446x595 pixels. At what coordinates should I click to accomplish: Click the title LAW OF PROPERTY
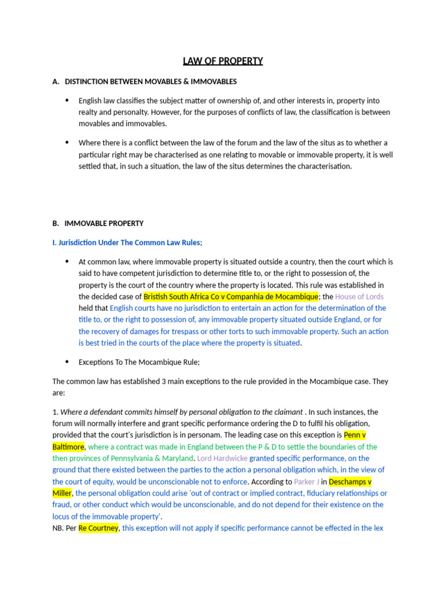click(x=223, y=61)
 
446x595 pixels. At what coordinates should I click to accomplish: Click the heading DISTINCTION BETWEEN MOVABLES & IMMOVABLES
click(x=150, y=81)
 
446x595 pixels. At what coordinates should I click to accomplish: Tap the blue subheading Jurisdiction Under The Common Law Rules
click(x=126, y=242)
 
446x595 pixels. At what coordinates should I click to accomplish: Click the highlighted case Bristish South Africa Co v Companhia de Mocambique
click(x=231, y=296)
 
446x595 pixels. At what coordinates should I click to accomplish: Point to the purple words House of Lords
click(x=359, y=296)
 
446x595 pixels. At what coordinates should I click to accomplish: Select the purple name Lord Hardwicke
click(x=222, y=458)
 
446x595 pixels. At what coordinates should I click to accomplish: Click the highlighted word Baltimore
click(x=69, y=446)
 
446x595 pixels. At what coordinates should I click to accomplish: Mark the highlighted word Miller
click(x=62, y=493)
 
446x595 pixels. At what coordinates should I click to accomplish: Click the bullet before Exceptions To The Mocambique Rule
click(x=67, y=361)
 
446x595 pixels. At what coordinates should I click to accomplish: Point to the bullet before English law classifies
click(x=67, y=100)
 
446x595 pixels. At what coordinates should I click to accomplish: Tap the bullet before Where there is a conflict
click(x=67, y=142)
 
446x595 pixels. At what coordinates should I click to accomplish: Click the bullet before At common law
click(x=67, y=261)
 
